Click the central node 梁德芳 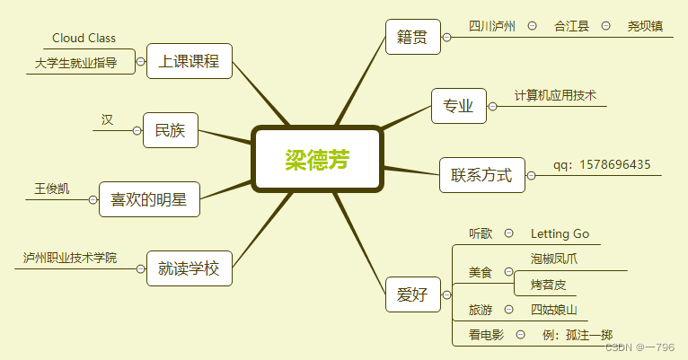pos(318,159)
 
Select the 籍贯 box pos(412,38)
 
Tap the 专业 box pos(458,106)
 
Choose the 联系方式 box pos(481,174)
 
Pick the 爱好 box pos(412,294)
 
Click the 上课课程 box pos(189,61)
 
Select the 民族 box pos(170,130)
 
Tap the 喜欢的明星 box pos(148,199)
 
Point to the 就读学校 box pos(189,268)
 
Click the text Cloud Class pos(84,39)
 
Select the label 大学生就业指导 pos(82,63)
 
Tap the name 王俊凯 pos(51,189)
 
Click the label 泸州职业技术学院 pos(70,258)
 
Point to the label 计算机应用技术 pos(555,95)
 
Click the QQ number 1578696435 pos(615,164)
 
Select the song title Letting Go pos(560,234)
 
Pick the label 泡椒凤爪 pos(555,259)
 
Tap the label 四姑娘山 pos(553,311)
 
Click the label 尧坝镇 pos(645,26)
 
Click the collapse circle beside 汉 pos(137,130)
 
